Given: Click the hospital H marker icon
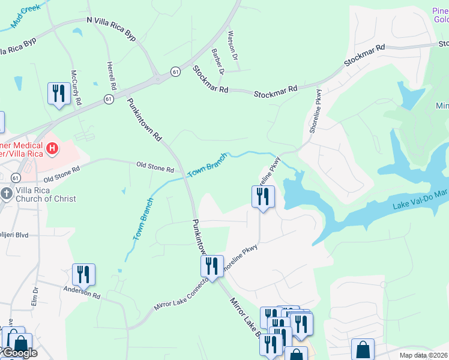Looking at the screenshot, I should [x=52, y=148].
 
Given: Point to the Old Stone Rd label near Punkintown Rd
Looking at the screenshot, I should [x=155, y=165].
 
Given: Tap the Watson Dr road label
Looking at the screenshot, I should [x=233, y=46].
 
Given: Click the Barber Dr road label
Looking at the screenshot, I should [x=217, y=62].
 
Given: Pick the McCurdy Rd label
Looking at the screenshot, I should [x=74, y=87].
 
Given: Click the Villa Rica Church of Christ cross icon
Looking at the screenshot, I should [x=7, y=193].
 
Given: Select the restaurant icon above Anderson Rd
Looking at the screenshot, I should [x=83, y=274].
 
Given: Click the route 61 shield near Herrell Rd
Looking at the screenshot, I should [x=108, y=98].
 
